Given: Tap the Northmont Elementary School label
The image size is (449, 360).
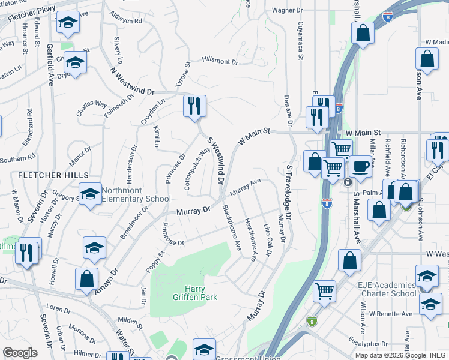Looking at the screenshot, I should [x=136, y=194].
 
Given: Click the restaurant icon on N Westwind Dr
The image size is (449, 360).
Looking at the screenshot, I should [x=194, y=106].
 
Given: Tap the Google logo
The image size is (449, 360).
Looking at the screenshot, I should [x=20, y=353].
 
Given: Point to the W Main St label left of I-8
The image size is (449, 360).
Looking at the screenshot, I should [x=255, y=136].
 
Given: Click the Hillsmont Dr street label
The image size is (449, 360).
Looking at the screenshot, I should [x=220, y=61].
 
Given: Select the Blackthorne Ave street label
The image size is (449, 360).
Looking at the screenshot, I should [x=231, y=228].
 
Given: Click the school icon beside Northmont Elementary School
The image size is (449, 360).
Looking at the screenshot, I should [x=90, y=194].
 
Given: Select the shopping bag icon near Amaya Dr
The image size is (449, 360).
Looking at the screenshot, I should [x=86, y=278].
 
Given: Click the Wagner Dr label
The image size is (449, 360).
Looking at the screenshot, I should [x=286, y=10].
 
